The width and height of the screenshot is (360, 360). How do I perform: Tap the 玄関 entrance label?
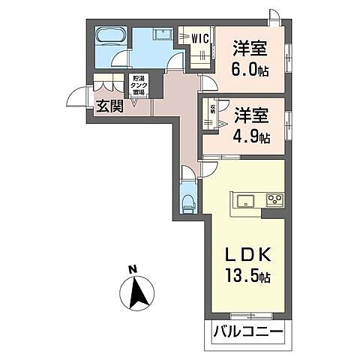click(x=109, y=106)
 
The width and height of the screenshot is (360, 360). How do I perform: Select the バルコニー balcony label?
click(x=247, y=331)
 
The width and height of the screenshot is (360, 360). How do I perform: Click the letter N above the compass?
click(x=132, y=269)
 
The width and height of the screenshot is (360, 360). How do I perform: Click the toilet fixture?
click(x=188, y=202)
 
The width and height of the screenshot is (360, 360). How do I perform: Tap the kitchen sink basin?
click(x=245, y=200)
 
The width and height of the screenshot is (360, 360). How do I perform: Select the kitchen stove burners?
click(x=275, y=199)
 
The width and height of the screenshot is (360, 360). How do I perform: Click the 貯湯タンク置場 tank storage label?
click(x=139, y=85)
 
